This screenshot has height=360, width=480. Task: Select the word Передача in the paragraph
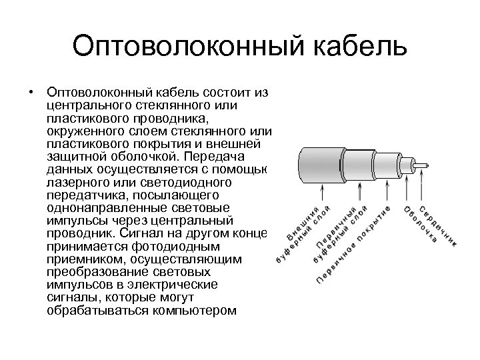tap(229, 157)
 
